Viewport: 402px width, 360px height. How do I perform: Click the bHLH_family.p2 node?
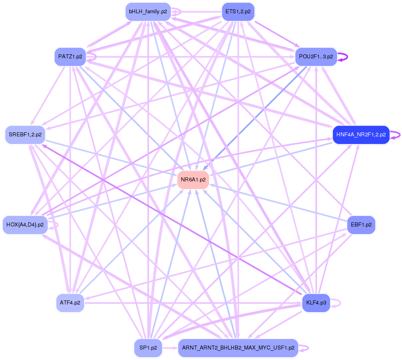(x=148, y=12)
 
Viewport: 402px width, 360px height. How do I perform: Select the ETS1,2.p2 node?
(x=238, y=12)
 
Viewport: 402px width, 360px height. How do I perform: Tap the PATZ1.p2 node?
(x=70, y=57)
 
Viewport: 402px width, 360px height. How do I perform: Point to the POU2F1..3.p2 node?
(x=316, y=57)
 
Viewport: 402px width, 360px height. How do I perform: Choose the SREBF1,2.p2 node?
(x=25, y=135)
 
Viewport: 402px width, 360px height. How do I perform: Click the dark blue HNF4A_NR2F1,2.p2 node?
(x=361, y=135)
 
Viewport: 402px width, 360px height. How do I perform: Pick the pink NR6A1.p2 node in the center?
(x=193, y=180)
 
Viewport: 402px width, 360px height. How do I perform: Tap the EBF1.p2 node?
(x=361, y=224)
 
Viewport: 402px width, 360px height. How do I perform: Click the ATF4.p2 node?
(x=70, y=302)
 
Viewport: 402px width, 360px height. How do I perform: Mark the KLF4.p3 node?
(x=316, y=302)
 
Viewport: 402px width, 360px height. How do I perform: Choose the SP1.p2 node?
(x=148, y=348)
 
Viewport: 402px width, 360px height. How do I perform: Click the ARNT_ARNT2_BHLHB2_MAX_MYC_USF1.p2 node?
(x=238, y=348)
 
